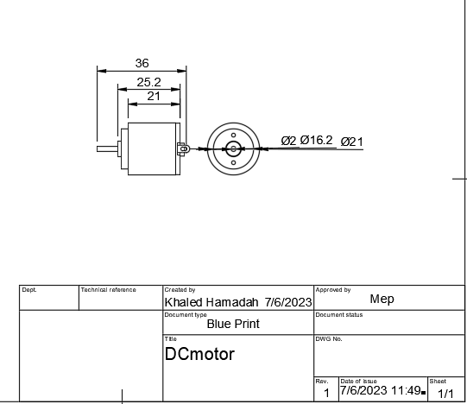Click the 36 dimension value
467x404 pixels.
142,63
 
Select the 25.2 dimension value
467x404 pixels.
148,82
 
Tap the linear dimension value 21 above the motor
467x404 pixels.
154,96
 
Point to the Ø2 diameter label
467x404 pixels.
288,140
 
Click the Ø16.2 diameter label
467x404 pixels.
316,140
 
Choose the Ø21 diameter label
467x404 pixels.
351,142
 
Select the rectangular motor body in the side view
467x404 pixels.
153,148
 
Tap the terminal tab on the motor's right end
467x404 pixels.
182,148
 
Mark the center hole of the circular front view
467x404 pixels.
233,148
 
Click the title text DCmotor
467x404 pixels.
199,354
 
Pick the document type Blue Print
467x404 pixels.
233,325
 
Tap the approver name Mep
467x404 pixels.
382,299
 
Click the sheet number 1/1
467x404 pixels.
445,394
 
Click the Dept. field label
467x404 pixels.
29,290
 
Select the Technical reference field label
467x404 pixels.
108,290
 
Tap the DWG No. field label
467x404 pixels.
330,338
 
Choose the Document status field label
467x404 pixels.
339,314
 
